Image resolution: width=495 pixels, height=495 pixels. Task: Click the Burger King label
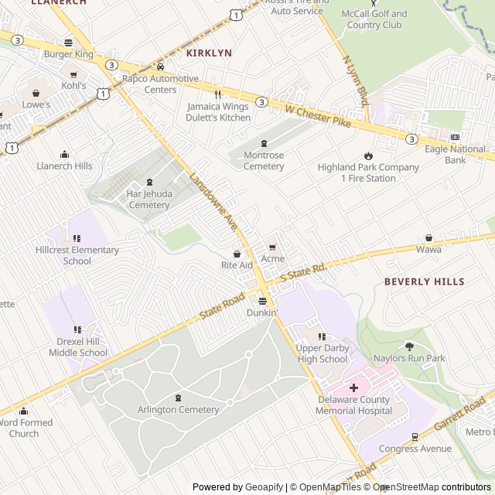tap(68, 54)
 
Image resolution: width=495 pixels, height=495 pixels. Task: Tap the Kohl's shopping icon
tap(74, 75)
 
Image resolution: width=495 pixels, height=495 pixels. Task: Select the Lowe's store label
tap(36, 104)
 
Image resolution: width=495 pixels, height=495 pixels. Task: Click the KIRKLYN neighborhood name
tap(209, 53)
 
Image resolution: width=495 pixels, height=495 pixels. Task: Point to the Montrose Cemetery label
tap(264, 161)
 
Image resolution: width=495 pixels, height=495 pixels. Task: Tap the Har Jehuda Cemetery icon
tap(149, 183)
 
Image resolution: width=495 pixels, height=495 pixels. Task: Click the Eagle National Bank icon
tap(433, 137)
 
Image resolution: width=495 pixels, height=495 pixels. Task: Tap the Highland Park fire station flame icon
tap(369, 155)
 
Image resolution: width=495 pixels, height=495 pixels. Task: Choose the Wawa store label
tap(429, 249)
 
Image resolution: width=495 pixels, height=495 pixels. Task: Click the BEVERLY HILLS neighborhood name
tap(425, 282)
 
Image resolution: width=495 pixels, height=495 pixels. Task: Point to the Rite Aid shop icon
tap(237, 254)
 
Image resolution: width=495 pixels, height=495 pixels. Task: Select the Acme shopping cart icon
tap(272, 247)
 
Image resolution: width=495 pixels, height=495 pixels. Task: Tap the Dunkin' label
tap(262, 313)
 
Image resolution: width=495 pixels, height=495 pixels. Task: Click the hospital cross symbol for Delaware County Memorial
tap(353, 387)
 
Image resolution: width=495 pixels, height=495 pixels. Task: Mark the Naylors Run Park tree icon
tap(409, 346)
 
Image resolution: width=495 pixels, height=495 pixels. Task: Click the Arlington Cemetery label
tap(179, 409)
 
